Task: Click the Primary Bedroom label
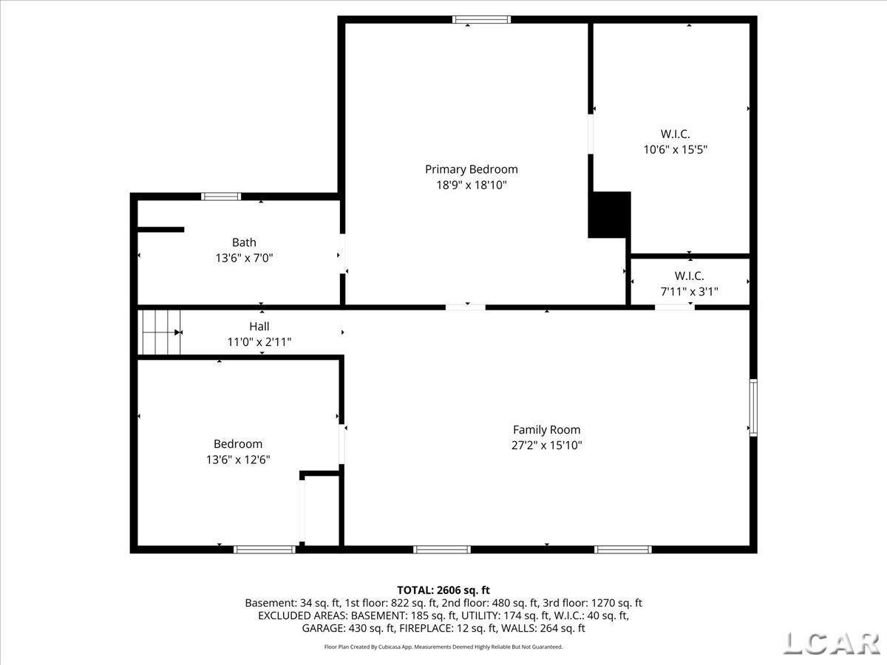[471, 169]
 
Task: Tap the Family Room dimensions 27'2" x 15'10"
[546, 446]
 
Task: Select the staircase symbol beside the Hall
[160, 332]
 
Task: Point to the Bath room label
[244, 242]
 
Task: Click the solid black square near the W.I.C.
[609, 215]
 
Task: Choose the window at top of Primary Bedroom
[482, 20]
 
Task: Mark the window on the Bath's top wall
[221, 197]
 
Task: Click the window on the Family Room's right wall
[753, 407]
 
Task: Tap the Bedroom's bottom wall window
[265, 549]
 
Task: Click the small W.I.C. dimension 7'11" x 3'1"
[689, 292]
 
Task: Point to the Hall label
[259, 326]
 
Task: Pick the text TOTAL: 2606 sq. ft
[443, 590]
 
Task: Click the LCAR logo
[830, 643]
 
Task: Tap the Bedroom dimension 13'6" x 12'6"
[238, 460]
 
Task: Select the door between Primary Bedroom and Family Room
[466, 307]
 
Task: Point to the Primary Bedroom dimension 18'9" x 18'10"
[471, 185]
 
